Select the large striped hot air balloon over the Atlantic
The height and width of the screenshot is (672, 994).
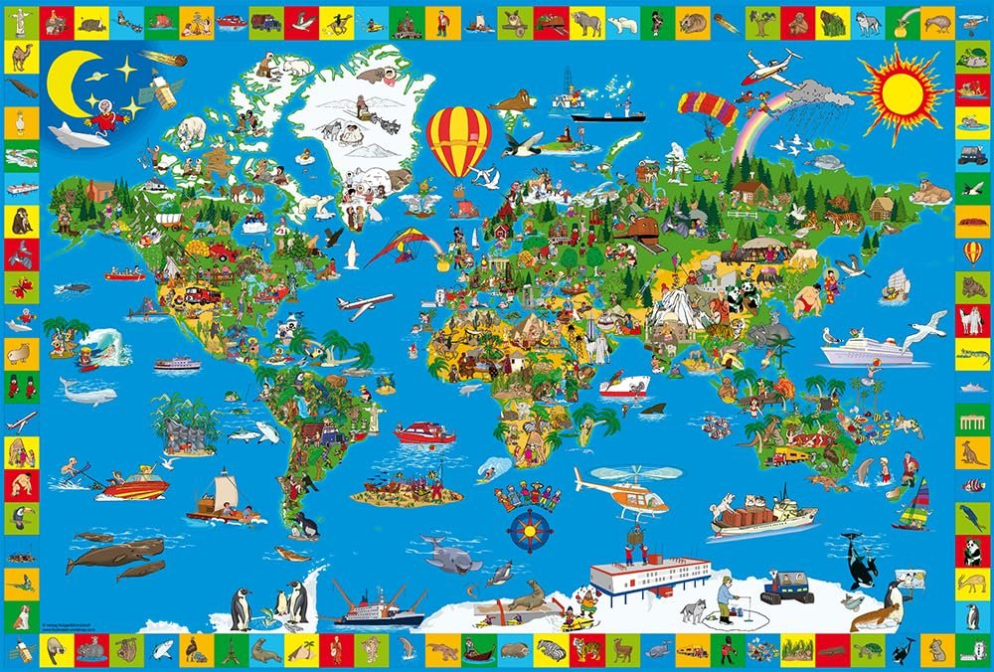(458, 138)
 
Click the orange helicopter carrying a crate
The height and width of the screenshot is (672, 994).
(624, 492)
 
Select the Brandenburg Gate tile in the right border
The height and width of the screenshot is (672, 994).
(971, 420)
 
